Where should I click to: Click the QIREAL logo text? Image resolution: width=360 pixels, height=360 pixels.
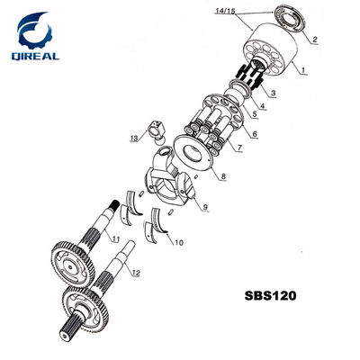[x=35, y=56]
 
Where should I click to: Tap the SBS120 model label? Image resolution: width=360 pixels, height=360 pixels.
[x=270, y=295]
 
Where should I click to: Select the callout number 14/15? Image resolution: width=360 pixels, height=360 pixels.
[x=226, y=12]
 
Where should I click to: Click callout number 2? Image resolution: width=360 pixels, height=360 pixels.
[x=315, y=39]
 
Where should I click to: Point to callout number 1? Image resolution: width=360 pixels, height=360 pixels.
[x=303, y=70]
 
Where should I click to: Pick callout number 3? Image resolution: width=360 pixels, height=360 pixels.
[x=273, y=93]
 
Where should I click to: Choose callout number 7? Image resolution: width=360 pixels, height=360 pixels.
[x=239, y=148]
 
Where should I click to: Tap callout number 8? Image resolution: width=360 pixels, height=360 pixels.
[x=223, y=176]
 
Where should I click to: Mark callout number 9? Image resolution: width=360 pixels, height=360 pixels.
[x=205, y=207]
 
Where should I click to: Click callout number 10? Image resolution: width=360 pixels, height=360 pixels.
[x=178, y=242]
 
